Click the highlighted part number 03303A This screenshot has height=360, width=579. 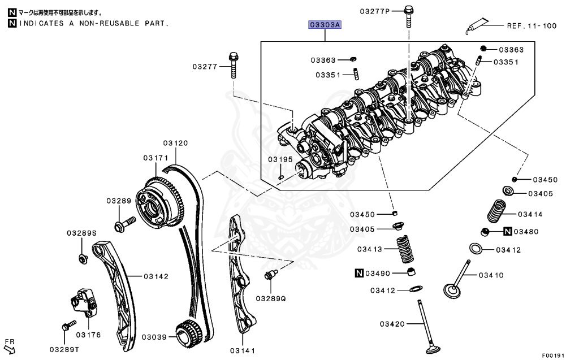click(x=325, y=25)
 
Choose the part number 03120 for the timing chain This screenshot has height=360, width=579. click(x=175, y=143)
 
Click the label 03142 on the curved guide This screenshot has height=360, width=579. click(x=155, y=276)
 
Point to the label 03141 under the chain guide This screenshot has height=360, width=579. click(x=243, y=351)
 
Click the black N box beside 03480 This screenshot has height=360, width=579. click(x=507, y=232)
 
